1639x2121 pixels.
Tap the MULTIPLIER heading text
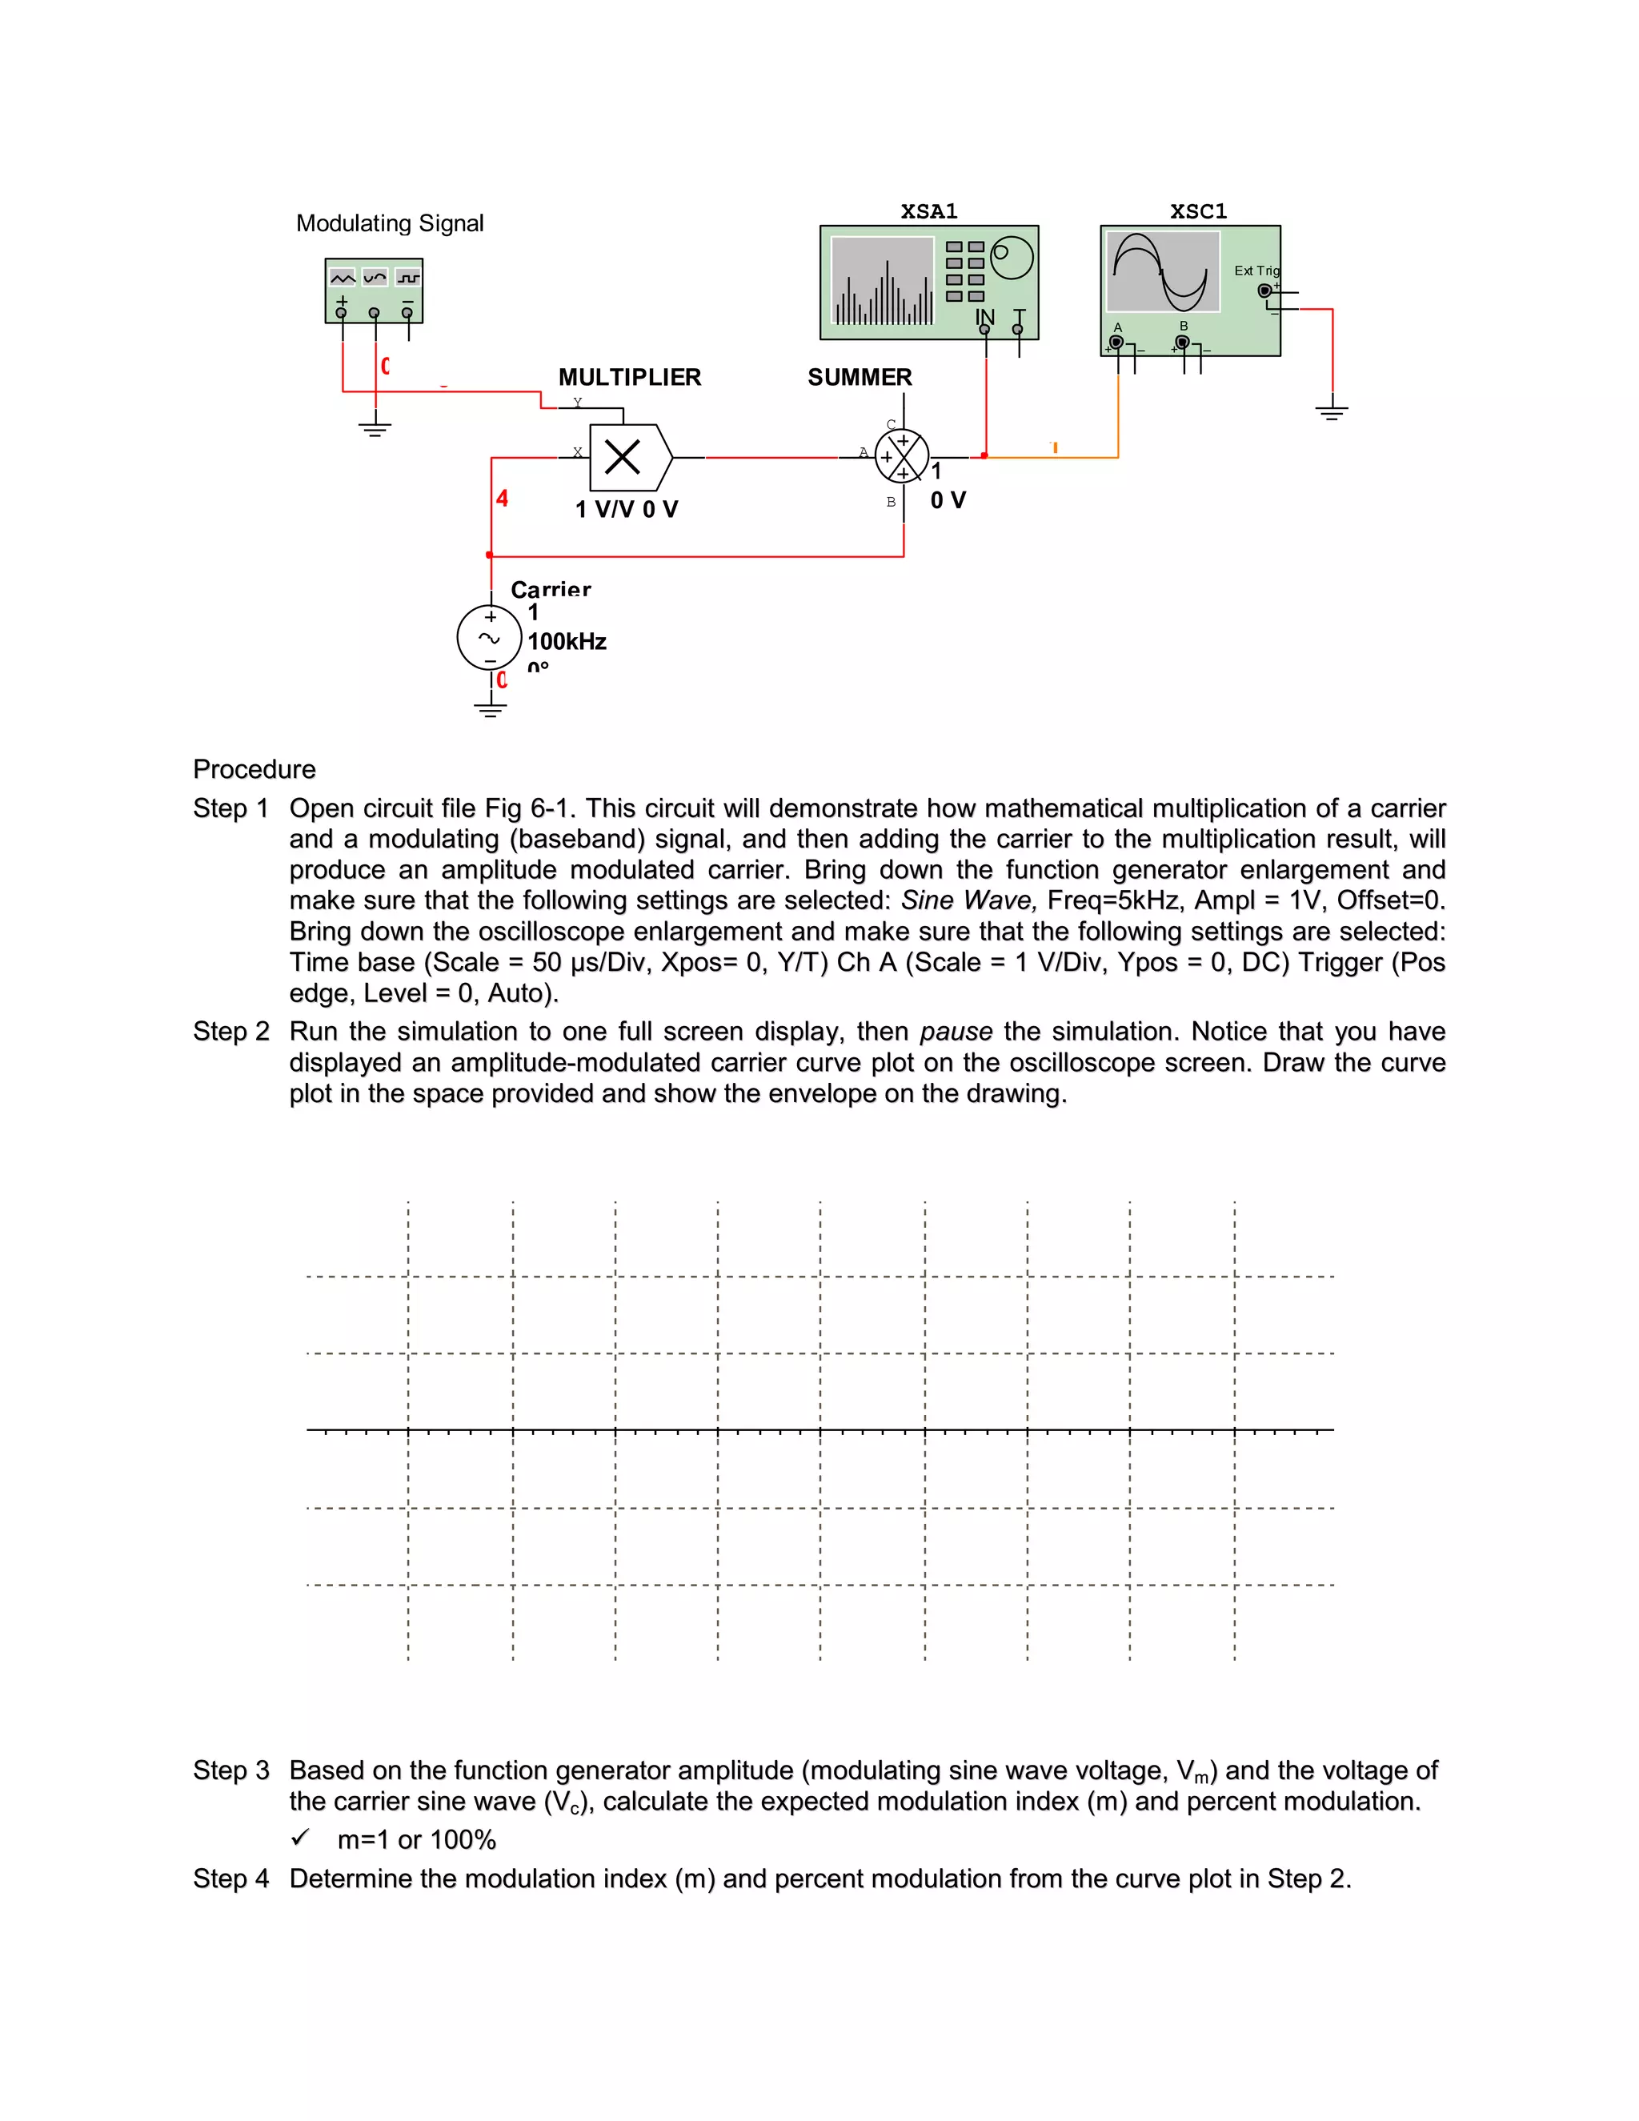click(629, 377)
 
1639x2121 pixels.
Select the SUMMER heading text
click(860, 377)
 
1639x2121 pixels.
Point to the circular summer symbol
click(902, 456)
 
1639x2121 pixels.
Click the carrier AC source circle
click(489, 638)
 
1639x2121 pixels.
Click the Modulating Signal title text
click(390, 223)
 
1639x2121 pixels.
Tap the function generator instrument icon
click(374, 290)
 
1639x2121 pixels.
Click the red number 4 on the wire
click(502, 498)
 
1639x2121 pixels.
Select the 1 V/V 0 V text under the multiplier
click(627, 509)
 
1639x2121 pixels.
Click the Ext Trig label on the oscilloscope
click(1256, 271)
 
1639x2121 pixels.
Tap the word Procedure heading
click(254, 769)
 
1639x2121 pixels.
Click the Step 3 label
click(231, 1770)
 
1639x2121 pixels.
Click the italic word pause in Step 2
click(956, 1032)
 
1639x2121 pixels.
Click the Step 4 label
click(231, 1878)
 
